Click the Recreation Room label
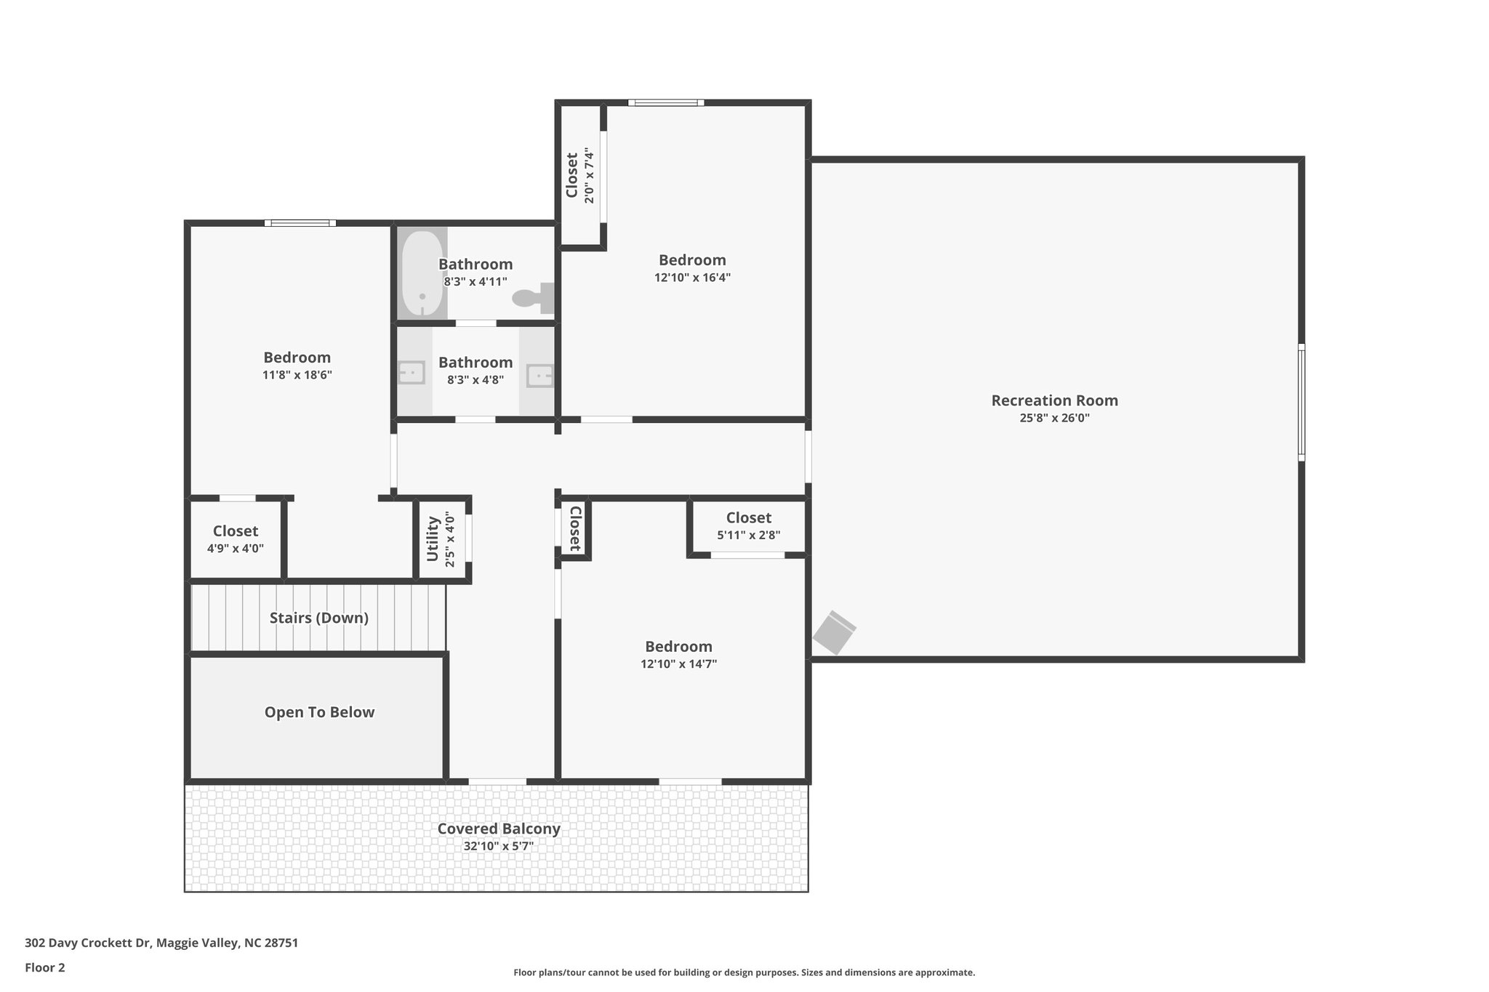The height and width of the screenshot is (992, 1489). point(1054,400)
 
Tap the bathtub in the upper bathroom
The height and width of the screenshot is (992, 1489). point(422,273)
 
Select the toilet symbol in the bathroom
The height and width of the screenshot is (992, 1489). point(533,297)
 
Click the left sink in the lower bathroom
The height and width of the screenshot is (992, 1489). point(412,374)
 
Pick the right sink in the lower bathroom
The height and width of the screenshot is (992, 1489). point(539,376)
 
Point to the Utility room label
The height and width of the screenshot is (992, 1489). point(433,539)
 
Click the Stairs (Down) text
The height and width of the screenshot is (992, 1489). point(318,618)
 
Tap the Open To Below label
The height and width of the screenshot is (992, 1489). point(319,712)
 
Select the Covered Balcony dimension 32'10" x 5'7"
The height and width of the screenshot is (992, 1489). point(499,847)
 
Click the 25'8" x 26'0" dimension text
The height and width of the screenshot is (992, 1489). point(1054,419)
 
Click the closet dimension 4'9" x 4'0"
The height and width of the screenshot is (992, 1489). point(235,549)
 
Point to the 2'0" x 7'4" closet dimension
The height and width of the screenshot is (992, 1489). point(590,176)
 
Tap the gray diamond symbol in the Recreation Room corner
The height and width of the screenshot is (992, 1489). point(834,632)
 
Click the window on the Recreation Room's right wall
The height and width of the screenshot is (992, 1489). point(1301,402)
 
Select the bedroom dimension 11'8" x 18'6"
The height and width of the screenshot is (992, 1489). point(297,375)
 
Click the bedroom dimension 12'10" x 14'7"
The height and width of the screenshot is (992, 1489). point(678,664)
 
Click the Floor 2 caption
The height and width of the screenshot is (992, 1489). point(44,967)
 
